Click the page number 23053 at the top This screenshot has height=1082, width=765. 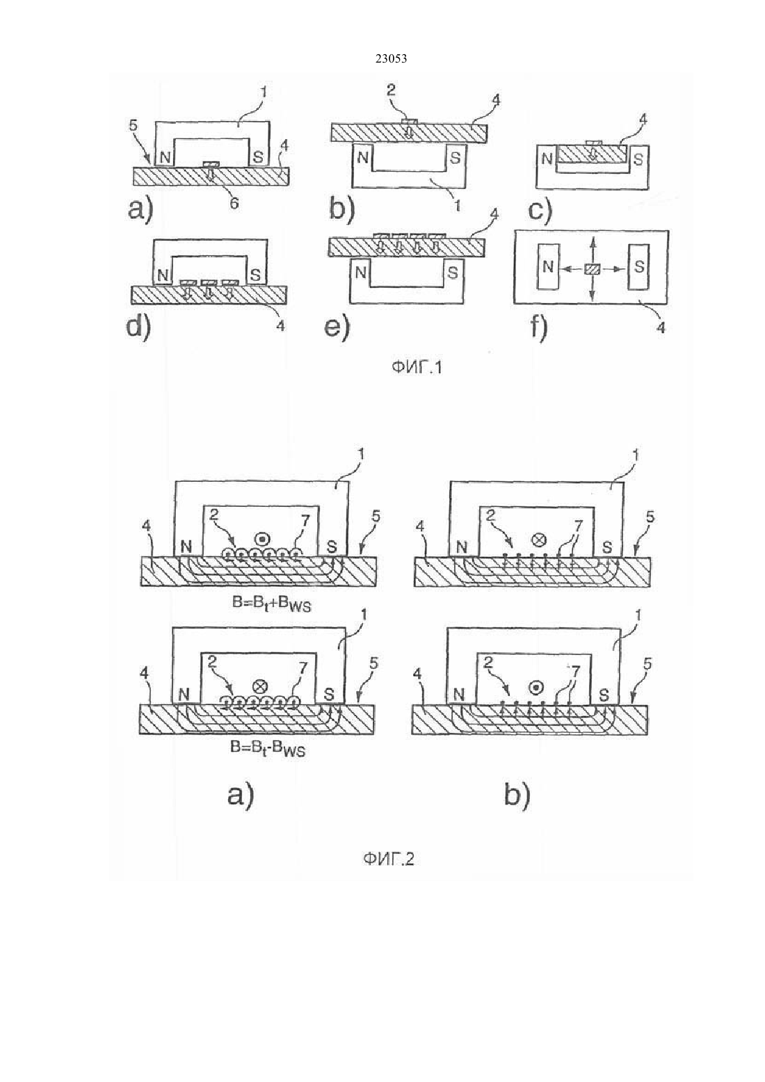click(391, 58)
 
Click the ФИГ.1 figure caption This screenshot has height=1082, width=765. click(417, 369)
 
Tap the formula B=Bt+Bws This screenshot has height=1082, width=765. click(271, 605)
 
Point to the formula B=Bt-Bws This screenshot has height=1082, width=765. click(268, 749)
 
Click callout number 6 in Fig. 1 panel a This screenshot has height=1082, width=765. click(233, 203)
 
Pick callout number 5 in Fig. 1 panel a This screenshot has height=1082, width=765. click(133, 126)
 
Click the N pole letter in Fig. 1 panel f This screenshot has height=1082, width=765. click(548, 266)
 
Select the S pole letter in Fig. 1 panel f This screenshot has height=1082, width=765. click(639, 266)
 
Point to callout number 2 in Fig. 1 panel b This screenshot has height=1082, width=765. click(391, 90)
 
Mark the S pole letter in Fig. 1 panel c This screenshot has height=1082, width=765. click(638, 159)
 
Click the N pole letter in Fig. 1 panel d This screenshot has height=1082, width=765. click(163, 276)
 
